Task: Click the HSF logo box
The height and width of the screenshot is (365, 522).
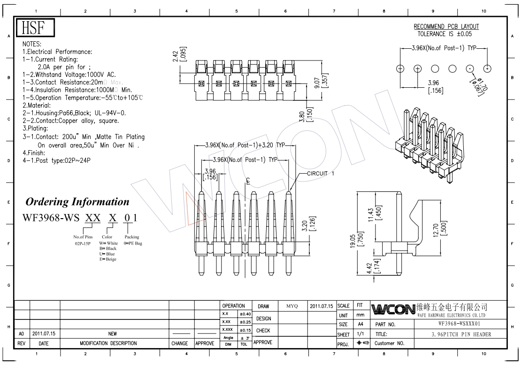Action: coord(36,28)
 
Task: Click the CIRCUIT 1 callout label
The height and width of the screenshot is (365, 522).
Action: coord(321,174)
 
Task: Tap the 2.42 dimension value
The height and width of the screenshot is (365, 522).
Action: coord(175,55)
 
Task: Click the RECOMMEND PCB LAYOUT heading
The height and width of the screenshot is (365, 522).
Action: coord(446,27)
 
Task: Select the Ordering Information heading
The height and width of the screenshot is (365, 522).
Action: coord(77,202)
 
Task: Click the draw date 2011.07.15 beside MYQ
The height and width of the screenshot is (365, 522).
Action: coord(321,306)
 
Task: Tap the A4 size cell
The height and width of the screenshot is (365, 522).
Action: coord(361,324)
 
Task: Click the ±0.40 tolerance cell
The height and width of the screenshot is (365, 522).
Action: coord(245,314)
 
